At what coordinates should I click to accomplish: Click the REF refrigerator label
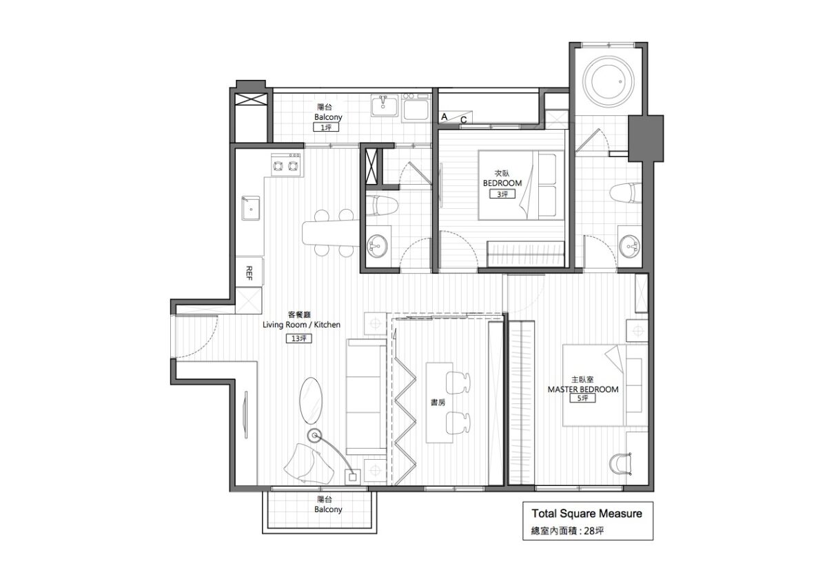(x=249, y=271)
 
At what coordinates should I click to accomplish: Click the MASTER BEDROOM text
(x=583, y=389)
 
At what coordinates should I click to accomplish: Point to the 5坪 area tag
(x=583, y=398)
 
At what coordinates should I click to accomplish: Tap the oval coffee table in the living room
(x=312, y=398)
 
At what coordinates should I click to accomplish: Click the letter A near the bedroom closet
(x=445, y=117)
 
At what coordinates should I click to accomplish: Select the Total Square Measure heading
(x=586, y=514)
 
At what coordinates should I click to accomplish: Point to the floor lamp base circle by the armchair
(x=316, y=435)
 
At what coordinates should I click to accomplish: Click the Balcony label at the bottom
(x=328, y=509)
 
